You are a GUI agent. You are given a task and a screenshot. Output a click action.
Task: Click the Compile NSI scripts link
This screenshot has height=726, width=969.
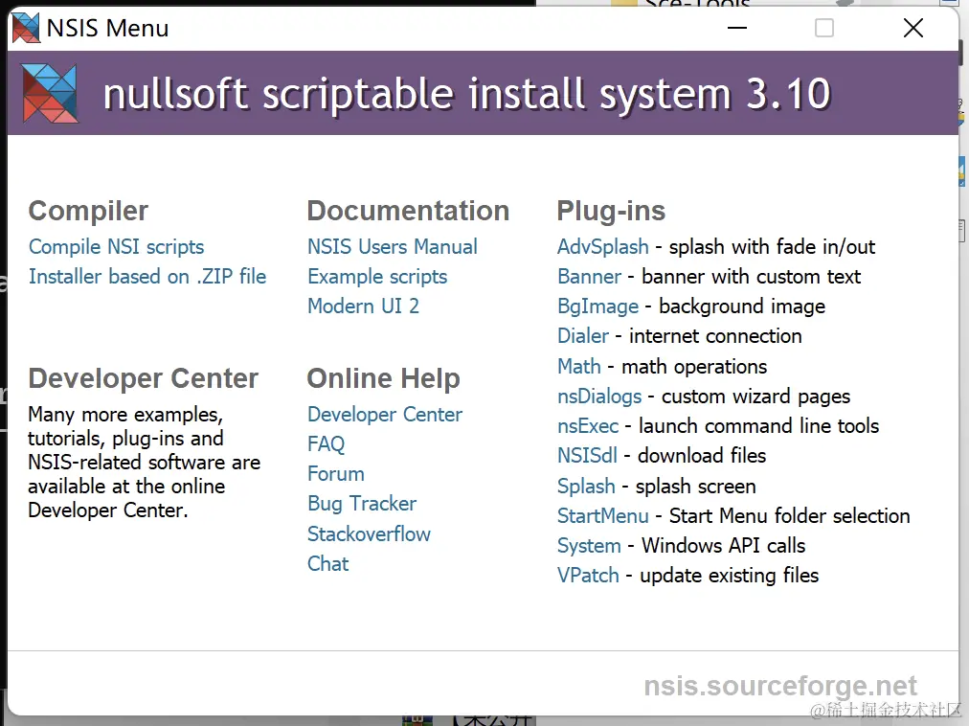tap(116, 247)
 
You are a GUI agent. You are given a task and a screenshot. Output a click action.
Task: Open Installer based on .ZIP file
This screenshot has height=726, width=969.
tap(147, 277)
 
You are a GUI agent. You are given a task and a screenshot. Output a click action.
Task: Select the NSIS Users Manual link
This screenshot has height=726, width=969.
tap(393, 247)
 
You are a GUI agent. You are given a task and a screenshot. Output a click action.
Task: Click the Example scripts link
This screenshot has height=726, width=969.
tap(377, 277)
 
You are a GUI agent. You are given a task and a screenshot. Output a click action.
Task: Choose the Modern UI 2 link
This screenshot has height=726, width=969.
tap(364, 306)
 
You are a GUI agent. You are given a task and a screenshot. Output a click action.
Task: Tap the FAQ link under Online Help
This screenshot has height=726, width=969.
tap(327, 444)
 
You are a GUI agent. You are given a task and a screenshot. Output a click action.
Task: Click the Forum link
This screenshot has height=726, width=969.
tap(336, 474)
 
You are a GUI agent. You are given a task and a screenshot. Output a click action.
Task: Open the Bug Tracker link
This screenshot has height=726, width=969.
tap(362, 504)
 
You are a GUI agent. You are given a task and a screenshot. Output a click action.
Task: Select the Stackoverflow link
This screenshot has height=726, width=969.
tap(369, 533)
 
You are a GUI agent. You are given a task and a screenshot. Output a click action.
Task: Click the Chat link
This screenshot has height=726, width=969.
tap(328, 563)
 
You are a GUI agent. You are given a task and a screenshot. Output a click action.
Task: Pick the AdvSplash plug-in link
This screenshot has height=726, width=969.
tap(603, 247)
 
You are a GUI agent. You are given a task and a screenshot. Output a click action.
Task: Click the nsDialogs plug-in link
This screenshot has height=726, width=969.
tap(599, 397)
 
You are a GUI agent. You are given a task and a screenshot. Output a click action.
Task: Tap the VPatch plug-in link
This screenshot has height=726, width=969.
tap(588, 575)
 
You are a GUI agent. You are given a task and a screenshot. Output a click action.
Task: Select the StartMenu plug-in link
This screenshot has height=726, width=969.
tap(603, 515)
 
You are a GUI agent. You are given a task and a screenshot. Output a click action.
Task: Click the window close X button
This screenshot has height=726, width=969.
tap(913, 28)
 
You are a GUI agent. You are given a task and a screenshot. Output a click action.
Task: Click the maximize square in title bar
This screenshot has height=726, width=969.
tap(824, 28)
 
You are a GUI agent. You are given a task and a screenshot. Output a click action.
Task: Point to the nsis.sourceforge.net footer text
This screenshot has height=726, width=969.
tap(780, 686)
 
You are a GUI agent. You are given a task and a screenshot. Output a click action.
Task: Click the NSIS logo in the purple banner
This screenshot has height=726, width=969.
tap(50, 93)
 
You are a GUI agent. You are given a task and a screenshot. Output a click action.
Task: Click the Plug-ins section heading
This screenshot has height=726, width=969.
tap(611, 211)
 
